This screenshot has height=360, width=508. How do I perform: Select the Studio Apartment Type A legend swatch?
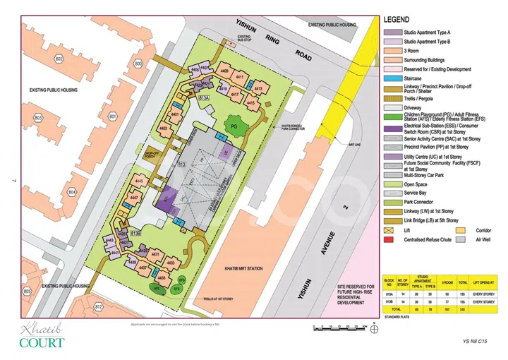pyautogui.click(x=389, y=32)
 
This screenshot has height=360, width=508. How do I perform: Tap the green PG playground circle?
pyautogui.click(x=232, y=126)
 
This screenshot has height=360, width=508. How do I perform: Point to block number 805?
pyautogui.click(x=28, y=291)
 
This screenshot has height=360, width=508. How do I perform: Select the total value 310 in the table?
pyautogui.click(x=462, y=309)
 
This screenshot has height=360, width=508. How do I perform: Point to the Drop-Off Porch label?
pyautogui.click(x=153, y=154)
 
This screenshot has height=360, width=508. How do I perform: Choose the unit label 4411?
pyautogui.click(x=240, y=76)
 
